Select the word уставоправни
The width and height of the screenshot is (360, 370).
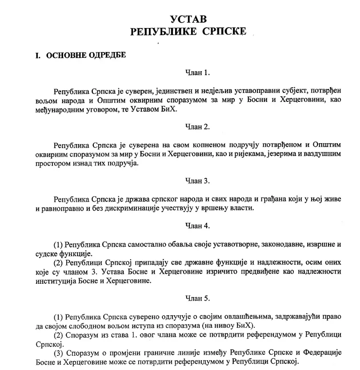[266, 91]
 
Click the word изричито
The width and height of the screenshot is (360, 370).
[219, 272]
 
